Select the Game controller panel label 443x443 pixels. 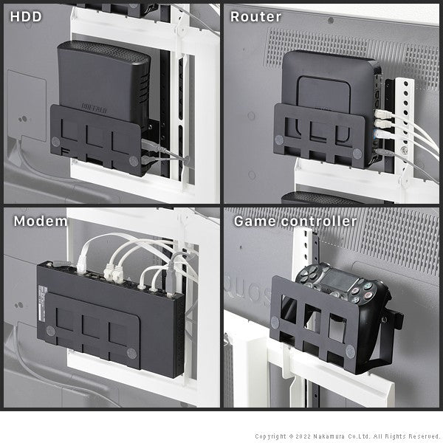(x=295, y=221)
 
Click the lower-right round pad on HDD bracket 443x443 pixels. (x=133, y=159)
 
